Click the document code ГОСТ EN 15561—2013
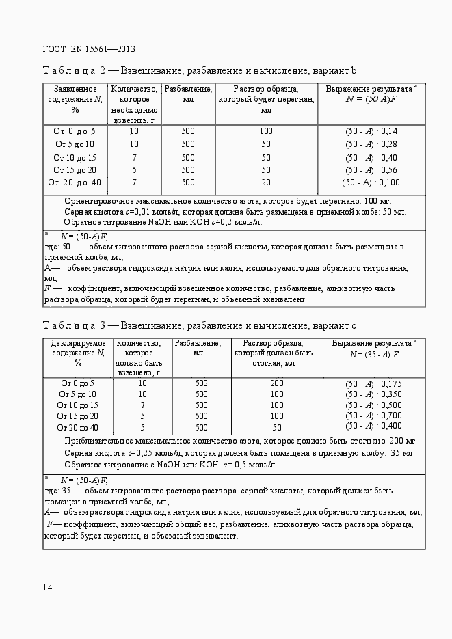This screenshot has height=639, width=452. coord(89,49)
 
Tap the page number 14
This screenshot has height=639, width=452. coord(48,587)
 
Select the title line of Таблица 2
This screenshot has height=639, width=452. coord(200,71)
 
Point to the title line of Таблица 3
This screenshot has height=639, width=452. coord(200,325)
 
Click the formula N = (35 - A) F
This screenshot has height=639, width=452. coord(374,355)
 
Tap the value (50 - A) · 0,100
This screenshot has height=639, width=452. coord(371,182)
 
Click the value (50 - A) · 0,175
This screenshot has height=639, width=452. coord(373,384)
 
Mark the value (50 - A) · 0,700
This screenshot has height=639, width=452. coord(373,416)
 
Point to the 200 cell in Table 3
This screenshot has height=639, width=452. coord(277,383)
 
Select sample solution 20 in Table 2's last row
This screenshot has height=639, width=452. coord(266,182)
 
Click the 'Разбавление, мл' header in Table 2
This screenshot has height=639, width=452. coord(188,94)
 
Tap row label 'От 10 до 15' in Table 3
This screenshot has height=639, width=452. coord(78,405)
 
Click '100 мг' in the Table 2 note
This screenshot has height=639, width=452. coord(377,202)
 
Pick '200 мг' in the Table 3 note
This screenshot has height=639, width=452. coord(401,441)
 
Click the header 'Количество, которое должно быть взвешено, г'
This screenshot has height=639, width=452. coord(139,357)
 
